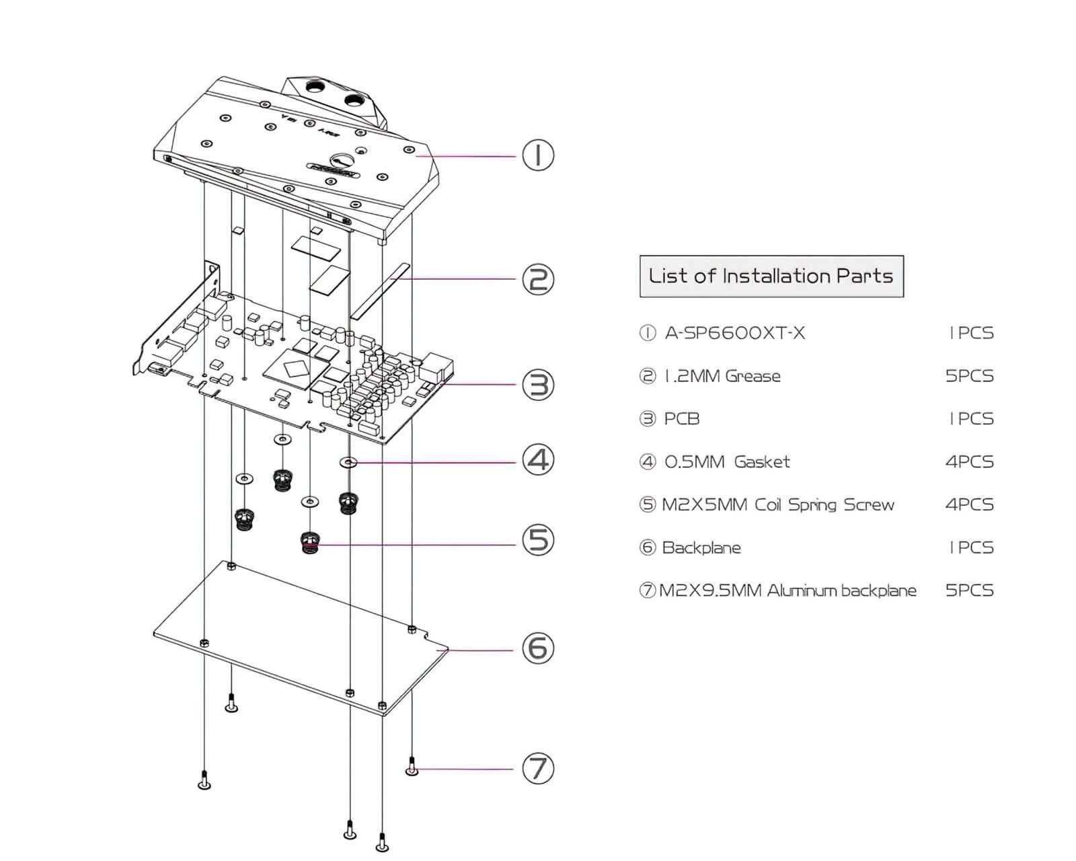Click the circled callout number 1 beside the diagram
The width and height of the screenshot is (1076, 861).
[x=538, y=155]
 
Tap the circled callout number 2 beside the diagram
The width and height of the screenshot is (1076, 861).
[x=538, y=279]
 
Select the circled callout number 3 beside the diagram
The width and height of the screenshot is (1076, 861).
[x=538, y=385]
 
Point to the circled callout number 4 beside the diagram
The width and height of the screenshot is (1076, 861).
[x=538, y=461]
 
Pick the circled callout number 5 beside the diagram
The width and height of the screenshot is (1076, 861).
[x=538, y=540]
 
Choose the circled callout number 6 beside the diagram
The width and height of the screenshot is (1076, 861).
[x=538, y=648]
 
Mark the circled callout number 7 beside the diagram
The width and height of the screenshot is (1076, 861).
[x=538, y=768]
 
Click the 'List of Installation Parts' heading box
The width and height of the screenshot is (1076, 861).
[x=771, y=276]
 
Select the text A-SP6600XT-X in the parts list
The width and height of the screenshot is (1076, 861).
[x=734, y=333]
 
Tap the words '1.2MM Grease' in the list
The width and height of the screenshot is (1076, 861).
[x=722, y=376]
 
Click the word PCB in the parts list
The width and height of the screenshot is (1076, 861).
[x=682, y=419]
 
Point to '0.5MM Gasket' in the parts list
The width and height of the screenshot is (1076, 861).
[x=727, y=462]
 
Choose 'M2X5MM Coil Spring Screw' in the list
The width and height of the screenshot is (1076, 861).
[x=778, y=505]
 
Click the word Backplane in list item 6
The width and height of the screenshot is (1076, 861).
[x=701, y=548]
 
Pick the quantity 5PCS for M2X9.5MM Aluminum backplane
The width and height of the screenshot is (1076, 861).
[x=969, y=591]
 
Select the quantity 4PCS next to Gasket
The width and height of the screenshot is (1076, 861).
[x=969, y=462]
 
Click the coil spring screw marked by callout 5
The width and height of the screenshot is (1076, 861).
[x=310, y=542]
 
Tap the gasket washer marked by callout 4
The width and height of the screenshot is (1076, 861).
[x=348, y=462]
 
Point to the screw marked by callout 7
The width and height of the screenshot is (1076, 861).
[x=412, y=767]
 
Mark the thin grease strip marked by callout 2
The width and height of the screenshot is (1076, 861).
[x=381, y=291]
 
